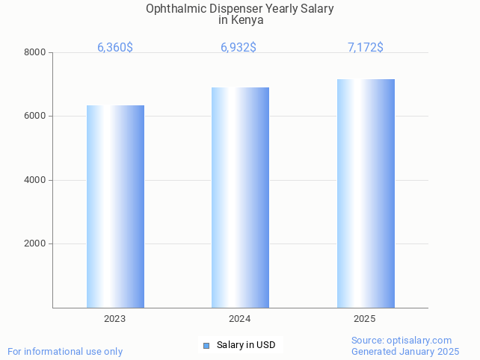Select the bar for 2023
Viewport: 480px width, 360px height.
pos(115,206)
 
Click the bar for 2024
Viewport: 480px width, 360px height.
pos(240,197)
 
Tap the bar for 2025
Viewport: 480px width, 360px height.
pos(366,193)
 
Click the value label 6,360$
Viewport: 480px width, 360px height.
pos(115,48)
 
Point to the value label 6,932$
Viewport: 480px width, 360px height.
pos(239,48)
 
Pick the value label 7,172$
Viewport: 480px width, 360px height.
pos(366,48)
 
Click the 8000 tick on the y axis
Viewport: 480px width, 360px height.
pos(35,52)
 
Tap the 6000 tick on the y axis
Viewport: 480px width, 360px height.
pos(35,117)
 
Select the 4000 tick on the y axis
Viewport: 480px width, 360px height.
pos(35,180)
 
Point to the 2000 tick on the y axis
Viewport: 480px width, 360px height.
pos(35,244)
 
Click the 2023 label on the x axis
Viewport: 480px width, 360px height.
pos(115,319)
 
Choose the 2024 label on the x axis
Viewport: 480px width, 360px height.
pos(240,319)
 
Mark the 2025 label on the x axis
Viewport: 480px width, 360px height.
pos(365,319)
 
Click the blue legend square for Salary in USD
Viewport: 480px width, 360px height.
pos(207,345)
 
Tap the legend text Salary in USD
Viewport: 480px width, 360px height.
pos(246,345)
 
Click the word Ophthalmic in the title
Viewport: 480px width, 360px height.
pos(173,9)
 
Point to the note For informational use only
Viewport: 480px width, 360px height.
pos(65,351)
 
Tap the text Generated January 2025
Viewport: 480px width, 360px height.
pos(405,351)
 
